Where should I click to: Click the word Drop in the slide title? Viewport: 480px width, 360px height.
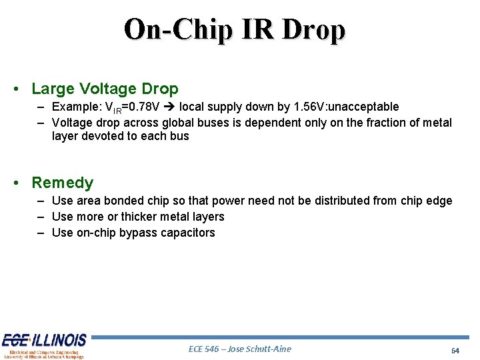[314, 29]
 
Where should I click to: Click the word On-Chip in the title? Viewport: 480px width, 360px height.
[177, 29]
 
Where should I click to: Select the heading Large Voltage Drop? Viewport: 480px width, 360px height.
[105, 89]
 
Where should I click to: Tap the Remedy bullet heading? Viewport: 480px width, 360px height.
[63, 183]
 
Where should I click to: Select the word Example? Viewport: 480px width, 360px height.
[74, 107]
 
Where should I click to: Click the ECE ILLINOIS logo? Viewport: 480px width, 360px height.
[44, 345]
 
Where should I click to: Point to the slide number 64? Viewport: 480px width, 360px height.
[455, 350]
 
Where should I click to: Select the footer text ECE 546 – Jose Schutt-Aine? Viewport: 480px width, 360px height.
[240, 349]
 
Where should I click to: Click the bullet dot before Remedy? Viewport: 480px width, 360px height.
[22, 183]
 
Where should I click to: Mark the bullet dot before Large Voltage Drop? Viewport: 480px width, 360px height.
[22, 89]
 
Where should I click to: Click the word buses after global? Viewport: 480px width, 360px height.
[225, 123]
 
